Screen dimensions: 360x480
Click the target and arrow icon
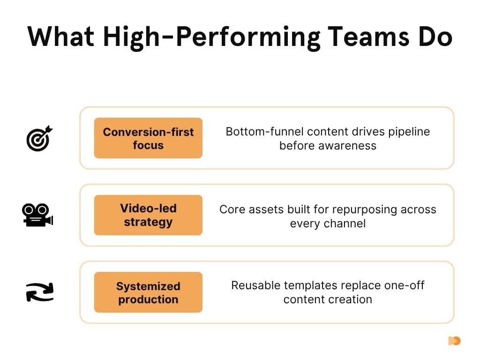coord(39,138)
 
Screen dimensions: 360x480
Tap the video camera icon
coord(38,215)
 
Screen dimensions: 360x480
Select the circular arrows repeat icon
coord(39,292)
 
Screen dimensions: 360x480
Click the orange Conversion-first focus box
coord(148,138)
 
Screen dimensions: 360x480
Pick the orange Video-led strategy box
coord(148,215)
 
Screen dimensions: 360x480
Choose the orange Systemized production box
coord(148,292)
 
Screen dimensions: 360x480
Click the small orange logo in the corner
coord(454,341)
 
